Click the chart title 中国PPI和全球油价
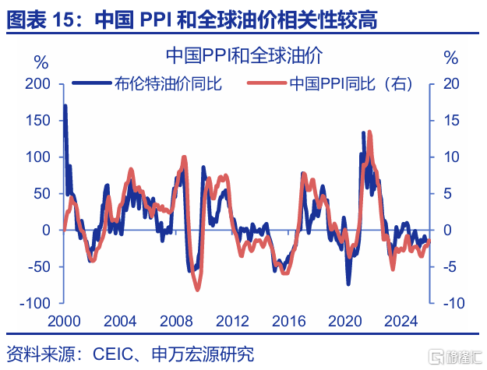tap(244, 56)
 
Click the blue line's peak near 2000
tap(65, 106)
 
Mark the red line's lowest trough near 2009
tap(197, 289)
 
